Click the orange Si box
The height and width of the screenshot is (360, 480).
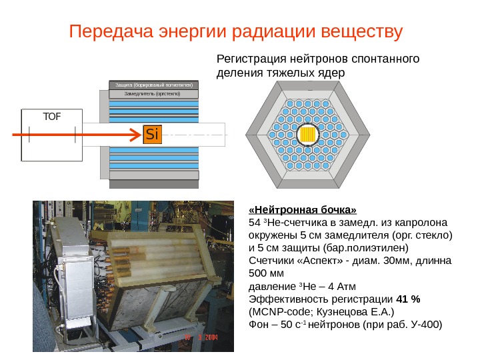(152, 135)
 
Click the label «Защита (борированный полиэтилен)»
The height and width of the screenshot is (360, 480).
(153, 85)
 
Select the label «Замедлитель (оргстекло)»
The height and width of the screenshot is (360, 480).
(153, 94)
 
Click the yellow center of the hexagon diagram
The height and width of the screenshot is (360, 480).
(308, 135)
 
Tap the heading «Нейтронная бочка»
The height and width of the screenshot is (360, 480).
(303, 208)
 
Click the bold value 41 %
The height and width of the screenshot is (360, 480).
(408, 298)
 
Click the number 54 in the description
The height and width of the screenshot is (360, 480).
(253, 221)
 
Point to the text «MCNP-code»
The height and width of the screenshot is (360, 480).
(278, 311)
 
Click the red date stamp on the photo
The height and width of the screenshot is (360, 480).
(201, 337)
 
